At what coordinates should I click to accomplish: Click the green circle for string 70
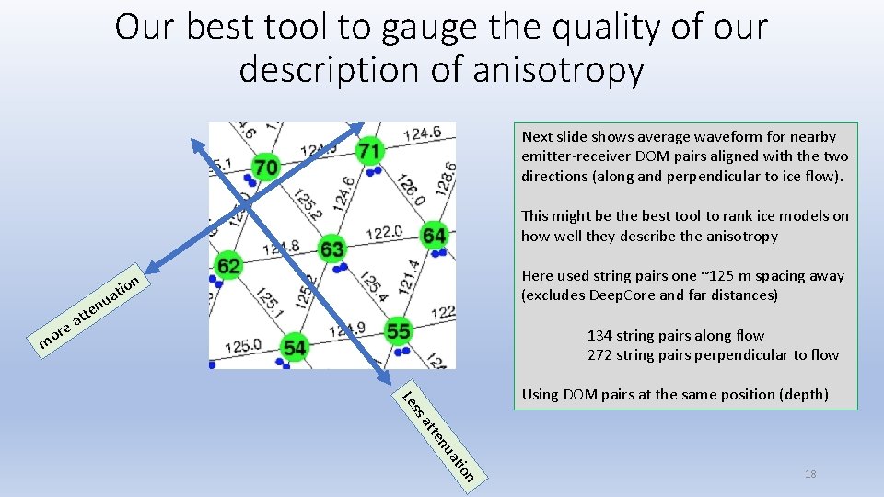tap(266, 168)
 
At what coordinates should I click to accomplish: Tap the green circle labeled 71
tap(368, 150)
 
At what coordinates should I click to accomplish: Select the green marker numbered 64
tap(434, 236)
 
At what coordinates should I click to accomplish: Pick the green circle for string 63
tap(331, 249)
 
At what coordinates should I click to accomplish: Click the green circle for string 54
tap(295, 347)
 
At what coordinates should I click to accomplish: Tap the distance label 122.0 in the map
tap(383, 235)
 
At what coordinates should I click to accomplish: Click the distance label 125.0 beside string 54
tap(243, 347)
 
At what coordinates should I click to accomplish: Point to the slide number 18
tap(810, 474)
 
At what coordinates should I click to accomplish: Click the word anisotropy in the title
tap(552, 71)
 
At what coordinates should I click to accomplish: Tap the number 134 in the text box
tap(601, 336)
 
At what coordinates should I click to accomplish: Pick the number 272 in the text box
tap(601, 355)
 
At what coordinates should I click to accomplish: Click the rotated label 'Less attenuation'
tap(439, 433)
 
